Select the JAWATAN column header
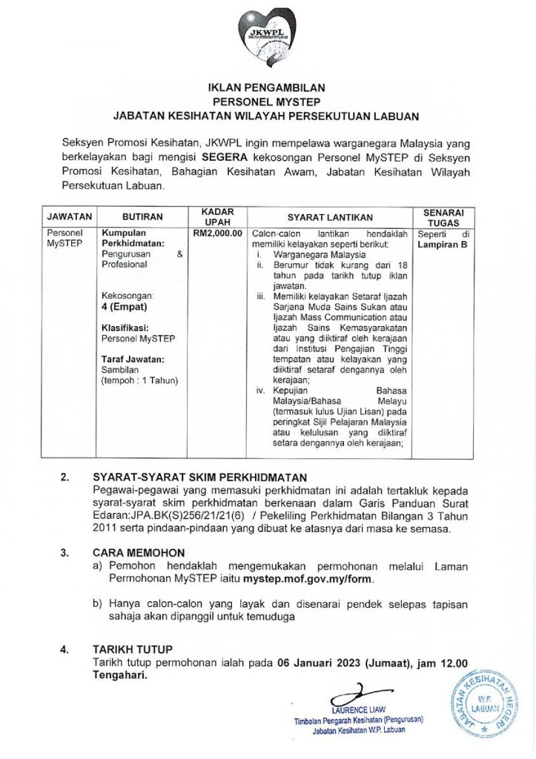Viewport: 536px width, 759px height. [69, 217]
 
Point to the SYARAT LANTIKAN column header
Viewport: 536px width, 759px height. [329, 217]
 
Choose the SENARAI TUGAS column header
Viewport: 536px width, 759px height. [443, 216]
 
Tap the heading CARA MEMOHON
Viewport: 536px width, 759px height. [139, 552]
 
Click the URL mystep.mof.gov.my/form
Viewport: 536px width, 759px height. [303, 578]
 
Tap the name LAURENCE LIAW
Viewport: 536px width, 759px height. [360, 711]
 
